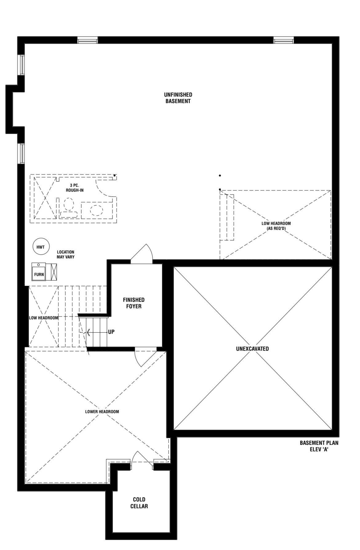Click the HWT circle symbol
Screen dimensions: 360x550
click(x=41, y=247)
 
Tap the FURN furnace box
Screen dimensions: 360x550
click(x=39, y=272)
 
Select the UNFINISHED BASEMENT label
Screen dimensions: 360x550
click(x=178, y=98)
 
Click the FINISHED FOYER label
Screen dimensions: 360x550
click(x=134, y=303)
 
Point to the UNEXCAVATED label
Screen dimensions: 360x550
click(x=252, y=349)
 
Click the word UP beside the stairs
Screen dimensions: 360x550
click(x=111, y=332)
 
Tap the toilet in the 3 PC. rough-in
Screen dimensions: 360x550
click(x=69, y=208)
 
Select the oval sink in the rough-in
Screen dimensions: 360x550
click(x=96, y=210)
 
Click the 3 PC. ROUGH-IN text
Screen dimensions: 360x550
click(x=74, y=188)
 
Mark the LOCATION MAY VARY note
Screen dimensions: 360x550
click(x=66, y=254)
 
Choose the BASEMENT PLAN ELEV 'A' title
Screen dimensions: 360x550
click(x=319, y=446)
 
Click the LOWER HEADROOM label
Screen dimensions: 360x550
click(x=102, y=412)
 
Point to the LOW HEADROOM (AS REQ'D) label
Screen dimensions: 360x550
click(x=276, y=226)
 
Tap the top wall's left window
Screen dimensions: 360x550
click(x=87, y=40)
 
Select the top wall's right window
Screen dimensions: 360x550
click(x=284, y=40)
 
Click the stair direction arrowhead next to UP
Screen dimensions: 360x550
click(x=88, y=332)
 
